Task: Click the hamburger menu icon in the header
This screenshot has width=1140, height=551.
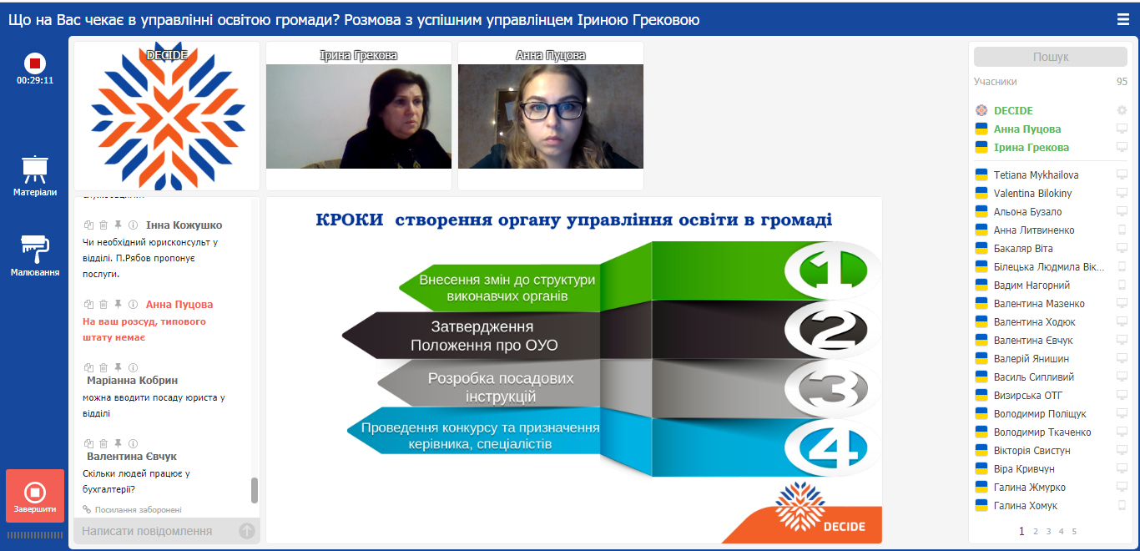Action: [1122, 19]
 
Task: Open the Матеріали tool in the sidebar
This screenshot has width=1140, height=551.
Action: [34, 175]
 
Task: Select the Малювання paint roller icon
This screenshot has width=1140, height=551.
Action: [34, 250]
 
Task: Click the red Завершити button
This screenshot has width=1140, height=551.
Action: [35, 496]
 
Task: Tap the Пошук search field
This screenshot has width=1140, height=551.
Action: [1051, 57]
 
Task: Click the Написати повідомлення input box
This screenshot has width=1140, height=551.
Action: [158, 531]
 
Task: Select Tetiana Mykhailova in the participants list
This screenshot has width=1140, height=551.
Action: [1036, 175]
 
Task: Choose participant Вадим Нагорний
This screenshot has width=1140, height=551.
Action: [1032, 286]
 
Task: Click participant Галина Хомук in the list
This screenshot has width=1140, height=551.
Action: [1026, 506]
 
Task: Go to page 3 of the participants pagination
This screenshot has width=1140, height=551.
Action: [1048, 532]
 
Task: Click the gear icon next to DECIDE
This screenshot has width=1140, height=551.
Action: [1122, 110]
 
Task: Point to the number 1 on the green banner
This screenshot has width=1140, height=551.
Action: [833, 270]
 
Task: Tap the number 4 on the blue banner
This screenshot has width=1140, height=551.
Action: [833, 448]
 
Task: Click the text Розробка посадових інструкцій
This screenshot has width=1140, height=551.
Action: [500, 387]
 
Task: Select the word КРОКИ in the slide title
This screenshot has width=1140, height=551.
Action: [349, 220]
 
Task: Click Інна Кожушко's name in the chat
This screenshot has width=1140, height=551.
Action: [184, 225]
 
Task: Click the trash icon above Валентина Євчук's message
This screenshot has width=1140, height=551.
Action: [103, 443]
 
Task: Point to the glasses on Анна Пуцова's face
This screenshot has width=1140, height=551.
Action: [552, 110]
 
